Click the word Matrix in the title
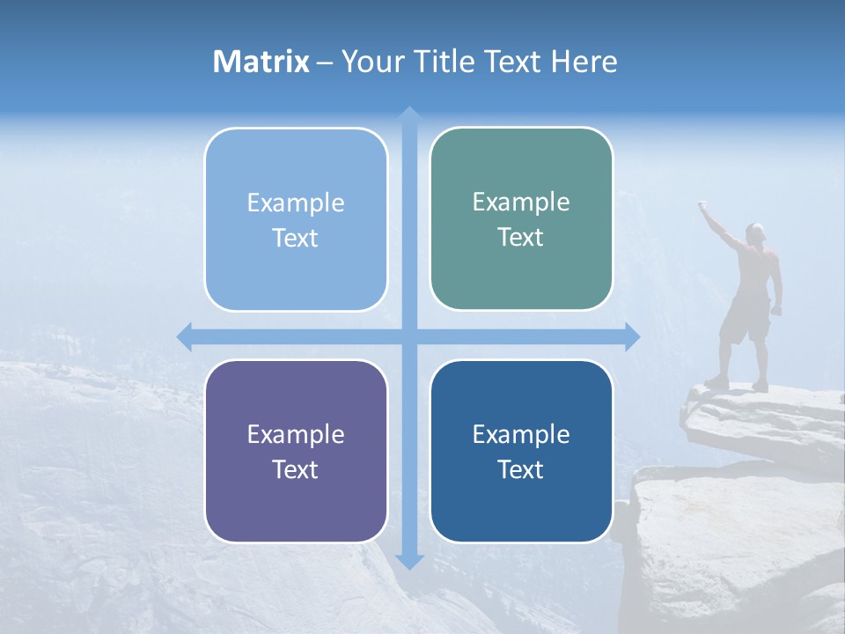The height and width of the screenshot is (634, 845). click(x=261, y=62)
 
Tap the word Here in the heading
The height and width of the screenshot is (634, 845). click(x=584, y=62)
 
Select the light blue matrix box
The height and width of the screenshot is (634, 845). click(x=296, y=220)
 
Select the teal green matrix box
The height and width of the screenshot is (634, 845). click(x=521, y=219)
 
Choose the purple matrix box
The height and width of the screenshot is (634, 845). click(x=296, y=452)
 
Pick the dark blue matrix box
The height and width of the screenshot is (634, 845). click(x=521, y=452)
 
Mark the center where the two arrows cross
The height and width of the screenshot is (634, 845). click(x=408, y=336)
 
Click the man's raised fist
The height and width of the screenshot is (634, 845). click(x=703, y=205)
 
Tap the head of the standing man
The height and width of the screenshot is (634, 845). click(x=755, y=232)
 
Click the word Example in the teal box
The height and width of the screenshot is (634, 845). click(x=521, y=202)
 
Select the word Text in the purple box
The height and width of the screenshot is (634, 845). click(x=296, y=469)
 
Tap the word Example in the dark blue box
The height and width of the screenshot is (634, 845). click(x=521, y=434)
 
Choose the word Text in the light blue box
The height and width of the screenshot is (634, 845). click(x=296, y=238)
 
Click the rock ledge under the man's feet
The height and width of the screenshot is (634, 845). click(x=757, y=414)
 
